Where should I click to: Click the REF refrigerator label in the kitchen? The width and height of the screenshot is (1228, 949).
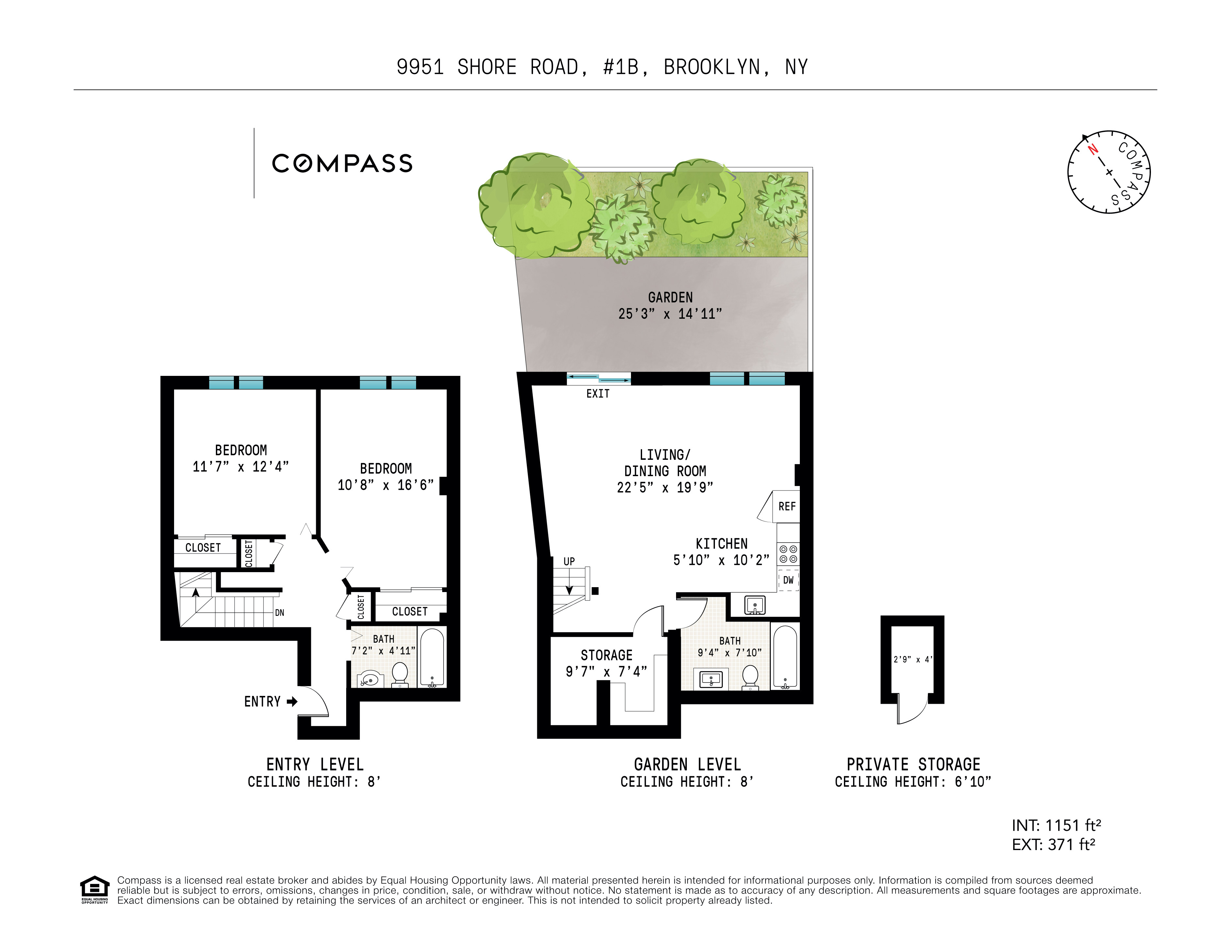coord(787,507)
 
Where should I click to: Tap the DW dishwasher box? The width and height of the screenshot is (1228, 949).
coord(788,580)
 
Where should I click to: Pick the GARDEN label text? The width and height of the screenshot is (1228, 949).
coord(670,298)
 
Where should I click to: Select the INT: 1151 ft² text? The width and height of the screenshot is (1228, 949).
coord(1056,825)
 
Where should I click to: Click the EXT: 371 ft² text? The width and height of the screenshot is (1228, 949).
coord(1053,844)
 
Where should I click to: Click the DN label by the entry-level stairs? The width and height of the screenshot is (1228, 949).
coord(280,613)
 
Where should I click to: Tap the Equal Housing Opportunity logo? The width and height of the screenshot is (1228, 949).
coord(94,890)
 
